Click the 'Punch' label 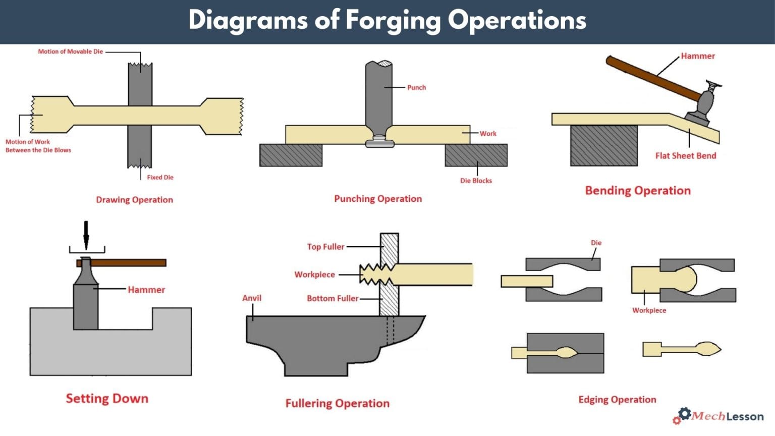(x=416, y=87)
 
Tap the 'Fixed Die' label (x=160, y=177)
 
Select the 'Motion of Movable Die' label (x=70, y=51)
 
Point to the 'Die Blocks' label (x=475, y=181)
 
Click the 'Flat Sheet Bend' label (x=685, y=155)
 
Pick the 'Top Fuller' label (x=325, y=247)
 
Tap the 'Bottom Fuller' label (x=333, y=298)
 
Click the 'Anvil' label (x=252, y=298)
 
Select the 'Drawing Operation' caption (x=134, y=200)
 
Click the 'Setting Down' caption (x=107, y=399)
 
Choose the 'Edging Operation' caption (x=617, y=400)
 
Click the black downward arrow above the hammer (x=86, y=235)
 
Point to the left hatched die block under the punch (x=291, y=155)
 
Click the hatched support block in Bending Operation (x=603, y=145)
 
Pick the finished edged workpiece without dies (x=681, y=349)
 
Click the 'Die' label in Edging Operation (x=596, y=243)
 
